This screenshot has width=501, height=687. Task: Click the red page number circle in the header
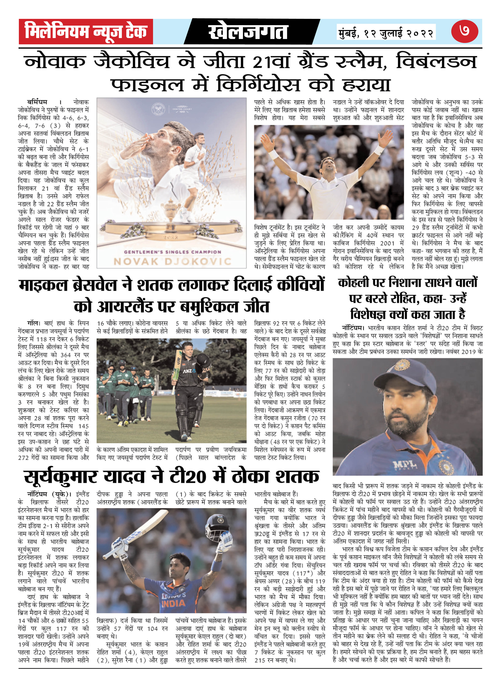coord(464,31)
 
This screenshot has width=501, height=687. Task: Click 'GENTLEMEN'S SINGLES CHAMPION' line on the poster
coord(172,252)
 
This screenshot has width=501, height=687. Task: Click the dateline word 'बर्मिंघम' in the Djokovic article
coord(37,102)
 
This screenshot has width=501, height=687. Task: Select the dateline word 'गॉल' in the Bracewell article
coord(33,323)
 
